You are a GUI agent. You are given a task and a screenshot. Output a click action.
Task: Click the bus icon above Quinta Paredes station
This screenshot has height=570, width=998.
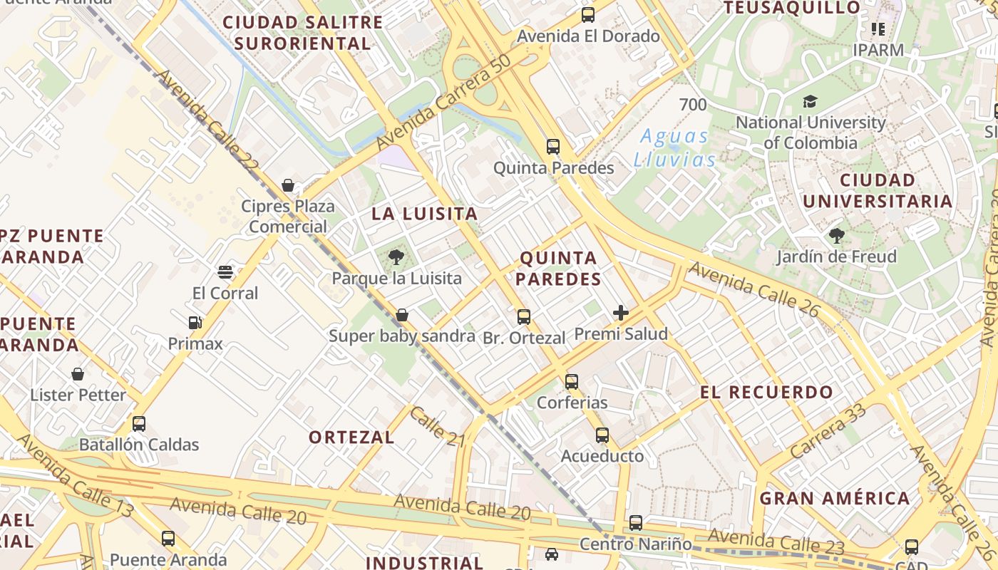tap(552, 147)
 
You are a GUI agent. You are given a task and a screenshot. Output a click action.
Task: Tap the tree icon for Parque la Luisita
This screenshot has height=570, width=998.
tap(396, 257)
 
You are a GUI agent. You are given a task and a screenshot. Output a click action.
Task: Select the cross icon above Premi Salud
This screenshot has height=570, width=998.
tap(621, 312)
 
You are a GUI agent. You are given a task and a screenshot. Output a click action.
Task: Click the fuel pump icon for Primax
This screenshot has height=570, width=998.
tap(195, 323)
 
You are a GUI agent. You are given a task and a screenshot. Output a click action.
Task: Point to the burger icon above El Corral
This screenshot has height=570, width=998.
tap(225, 271)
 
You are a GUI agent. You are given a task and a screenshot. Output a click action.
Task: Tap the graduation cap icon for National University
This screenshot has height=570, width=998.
tap(810, 101)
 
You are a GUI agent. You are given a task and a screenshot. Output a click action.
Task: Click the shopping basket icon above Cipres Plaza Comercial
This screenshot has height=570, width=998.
tap(288, 185)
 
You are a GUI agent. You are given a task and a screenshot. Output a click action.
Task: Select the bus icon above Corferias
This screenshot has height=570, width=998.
tap(572, 381)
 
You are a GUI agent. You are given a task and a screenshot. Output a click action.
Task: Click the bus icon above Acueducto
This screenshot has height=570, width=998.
tap(602, 435)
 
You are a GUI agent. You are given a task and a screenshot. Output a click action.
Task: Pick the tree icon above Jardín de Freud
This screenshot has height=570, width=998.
tap(836, 235)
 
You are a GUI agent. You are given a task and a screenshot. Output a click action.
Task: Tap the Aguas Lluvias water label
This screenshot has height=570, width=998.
tap(674, 147)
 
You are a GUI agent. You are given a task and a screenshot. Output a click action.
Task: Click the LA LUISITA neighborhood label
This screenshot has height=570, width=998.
tap(424, 214)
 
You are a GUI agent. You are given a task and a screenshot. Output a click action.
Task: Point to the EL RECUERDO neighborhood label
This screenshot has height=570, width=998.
tap(766, 392)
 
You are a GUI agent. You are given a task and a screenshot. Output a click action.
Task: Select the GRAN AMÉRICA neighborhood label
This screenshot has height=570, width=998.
tap(834, 498)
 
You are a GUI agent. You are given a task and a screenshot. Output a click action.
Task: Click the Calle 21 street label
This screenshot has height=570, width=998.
tap(437, 427)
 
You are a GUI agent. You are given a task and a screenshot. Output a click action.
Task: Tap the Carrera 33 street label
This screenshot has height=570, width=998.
tap(828, 430)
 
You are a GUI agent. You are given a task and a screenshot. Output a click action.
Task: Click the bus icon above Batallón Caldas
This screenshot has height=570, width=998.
tap(139, 424)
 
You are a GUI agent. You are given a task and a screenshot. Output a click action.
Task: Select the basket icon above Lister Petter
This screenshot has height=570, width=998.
tap(78, 374)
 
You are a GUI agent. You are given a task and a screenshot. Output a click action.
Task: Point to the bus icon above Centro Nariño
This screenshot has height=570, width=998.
tap(636, 523)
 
